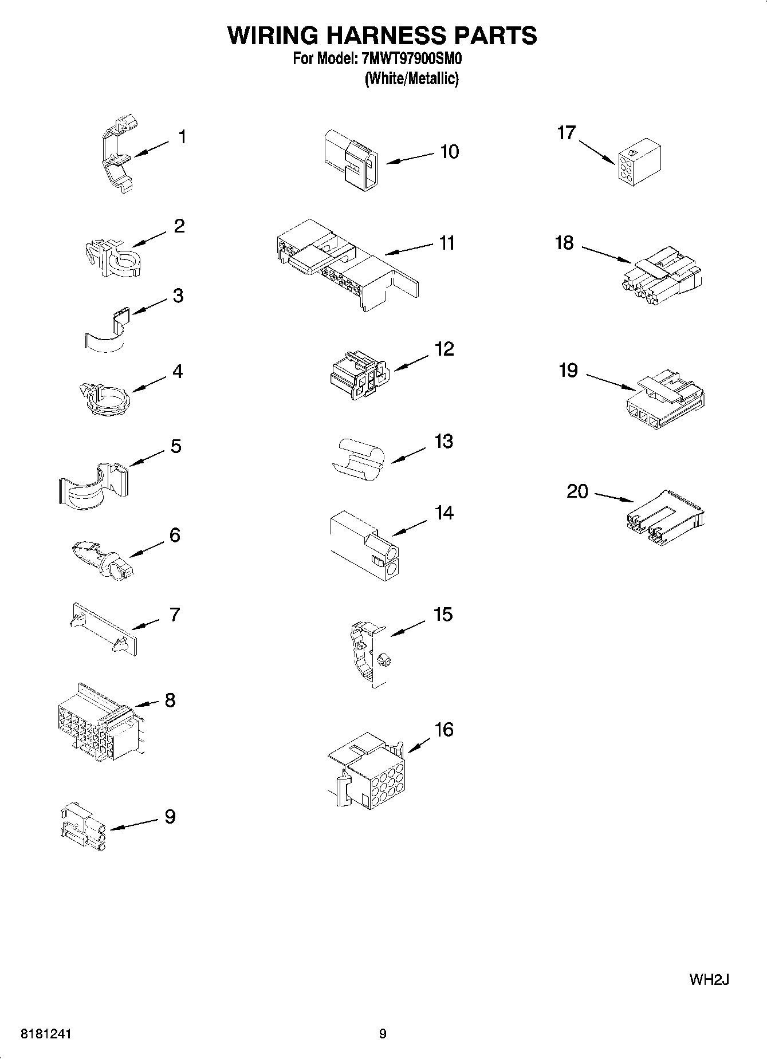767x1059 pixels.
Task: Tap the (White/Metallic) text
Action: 411,78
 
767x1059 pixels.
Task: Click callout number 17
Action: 566,133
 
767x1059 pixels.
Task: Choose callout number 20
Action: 577,491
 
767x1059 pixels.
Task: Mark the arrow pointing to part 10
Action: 411,159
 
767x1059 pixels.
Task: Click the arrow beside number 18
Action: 607,254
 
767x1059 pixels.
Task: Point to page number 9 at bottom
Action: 383,1034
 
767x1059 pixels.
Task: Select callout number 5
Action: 176,446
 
